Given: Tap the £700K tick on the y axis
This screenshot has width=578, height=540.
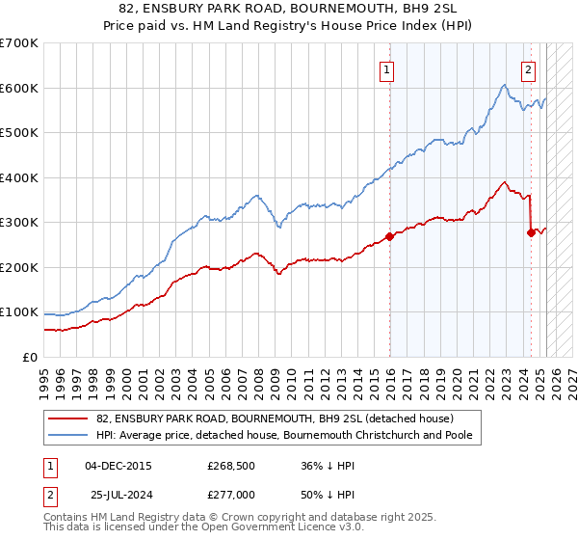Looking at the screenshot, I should [19, 43].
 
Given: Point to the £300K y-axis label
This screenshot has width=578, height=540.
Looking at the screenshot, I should [19, 223].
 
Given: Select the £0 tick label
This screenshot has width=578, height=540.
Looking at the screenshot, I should [29, 357].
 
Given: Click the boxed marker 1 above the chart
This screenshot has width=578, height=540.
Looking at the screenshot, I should [386, 68].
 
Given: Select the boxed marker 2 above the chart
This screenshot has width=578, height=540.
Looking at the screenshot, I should [529, 68].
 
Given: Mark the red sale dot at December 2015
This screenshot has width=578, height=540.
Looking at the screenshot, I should [389, 236].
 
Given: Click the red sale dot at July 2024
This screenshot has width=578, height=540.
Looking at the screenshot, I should [531, 232].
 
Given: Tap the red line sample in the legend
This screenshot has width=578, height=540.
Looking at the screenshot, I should [68, 418].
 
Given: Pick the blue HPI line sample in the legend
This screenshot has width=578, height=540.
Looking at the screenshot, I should [68, 435].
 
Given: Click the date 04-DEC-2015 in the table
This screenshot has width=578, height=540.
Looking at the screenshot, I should [118, 466].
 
